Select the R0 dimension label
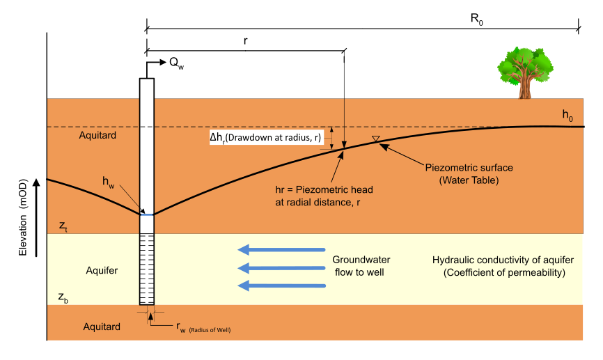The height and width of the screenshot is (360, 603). [476, 19]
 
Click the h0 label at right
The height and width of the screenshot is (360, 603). [568, 115]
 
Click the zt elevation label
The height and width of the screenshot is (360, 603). [63, 226]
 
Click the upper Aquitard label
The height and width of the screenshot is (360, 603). [98, 135]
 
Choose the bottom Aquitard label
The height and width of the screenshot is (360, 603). [102, 326]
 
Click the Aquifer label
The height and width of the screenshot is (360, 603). [102, 269]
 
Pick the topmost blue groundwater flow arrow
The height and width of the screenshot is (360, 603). [281, 249]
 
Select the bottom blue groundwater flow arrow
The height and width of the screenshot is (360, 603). [281, 285]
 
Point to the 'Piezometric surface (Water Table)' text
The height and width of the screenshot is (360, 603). [460, 173]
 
